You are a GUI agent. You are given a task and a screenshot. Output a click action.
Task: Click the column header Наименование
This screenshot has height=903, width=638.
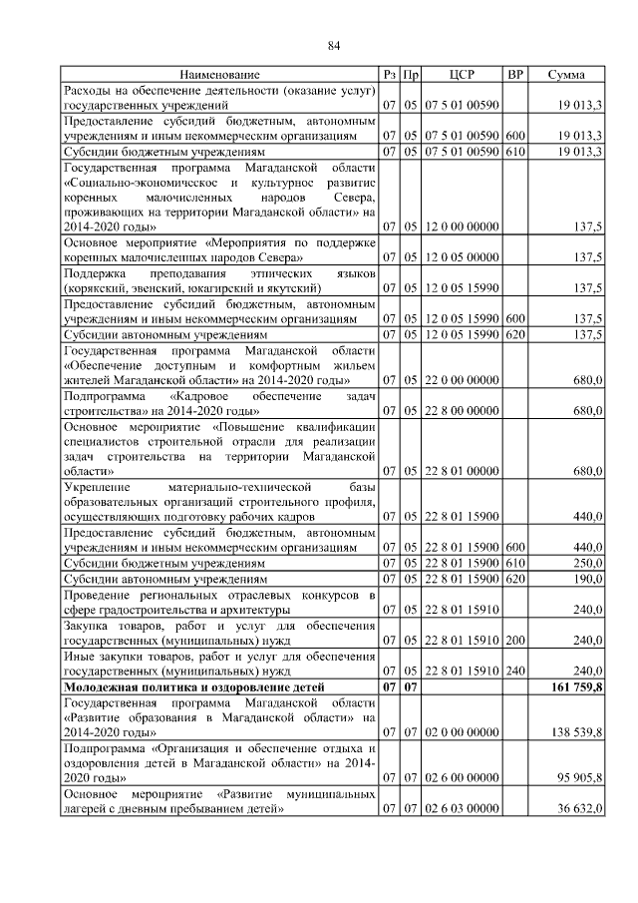220,75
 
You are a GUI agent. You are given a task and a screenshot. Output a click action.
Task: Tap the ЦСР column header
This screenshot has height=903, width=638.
462,75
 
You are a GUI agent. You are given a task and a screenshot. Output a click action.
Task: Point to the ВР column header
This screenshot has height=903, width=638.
515,75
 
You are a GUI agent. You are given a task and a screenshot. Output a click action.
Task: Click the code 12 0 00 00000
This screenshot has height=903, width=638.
462,228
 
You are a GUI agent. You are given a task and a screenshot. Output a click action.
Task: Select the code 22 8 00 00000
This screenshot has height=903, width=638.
462,410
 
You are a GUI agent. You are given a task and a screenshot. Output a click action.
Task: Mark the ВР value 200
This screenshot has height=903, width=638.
515,640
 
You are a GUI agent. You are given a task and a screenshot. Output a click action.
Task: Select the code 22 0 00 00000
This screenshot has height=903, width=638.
462,379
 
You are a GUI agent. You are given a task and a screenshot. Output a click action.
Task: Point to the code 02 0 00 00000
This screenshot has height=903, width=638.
462,731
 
